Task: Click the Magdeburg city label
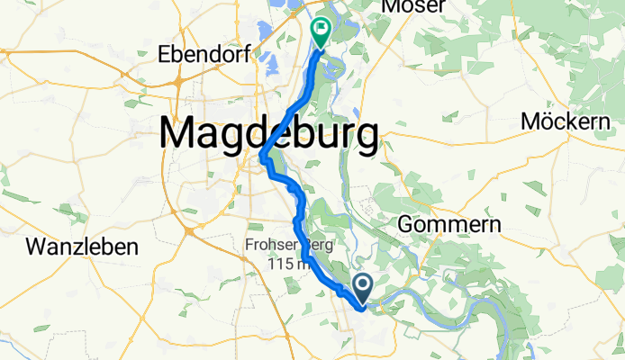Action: pos(269,135)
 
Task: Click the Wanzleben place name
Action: pos(81,247)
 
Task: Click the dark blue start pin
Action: pos(363,289)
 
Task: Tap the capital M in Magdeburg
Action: pos(178,135)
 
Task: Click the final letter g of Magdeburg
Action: pos(366,139)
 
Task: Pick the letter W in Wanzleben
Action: pos(37,247)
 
